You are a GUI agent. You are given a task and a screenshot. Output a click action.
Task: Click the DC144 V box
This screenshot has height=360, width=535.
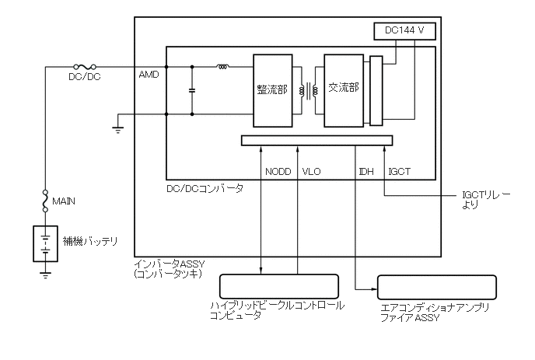click(x=404, y=32)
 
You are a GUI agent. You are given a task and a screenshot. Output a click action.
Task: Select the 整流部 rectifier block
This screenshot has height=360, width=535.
click(x=272, y=89)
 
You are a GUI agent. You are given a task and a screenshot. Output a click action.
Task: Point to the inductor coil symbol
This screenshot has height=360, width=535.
click(x=222, y=67)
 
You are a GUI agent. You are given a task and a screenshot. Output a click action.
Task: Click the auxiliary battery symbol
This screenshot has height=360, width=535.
click(x=47, y=243)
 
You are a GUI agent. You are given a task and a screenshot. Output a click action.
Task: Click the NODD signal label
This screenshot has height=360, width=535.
click(x=278, y=172)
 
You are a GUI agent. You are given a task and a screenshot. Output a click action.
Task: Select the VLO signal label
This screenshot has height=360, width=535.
click(x=311, y=172)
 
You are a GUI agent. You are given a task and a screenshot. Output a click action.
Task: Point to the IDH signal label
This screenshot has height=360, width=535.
click(x=366, y=172)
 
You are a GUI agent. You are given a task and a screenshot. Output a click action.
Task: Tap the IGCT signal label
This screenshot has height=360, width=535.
click(x=399, y=172)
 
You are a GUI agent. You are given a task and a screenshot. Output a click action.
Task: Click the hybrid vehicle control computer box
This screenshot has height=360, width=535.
click(x=280, y=286)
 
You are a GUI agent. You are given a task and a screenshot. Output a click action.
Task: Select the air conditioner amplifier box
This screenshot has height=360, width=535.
click(x=436, y=287)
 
